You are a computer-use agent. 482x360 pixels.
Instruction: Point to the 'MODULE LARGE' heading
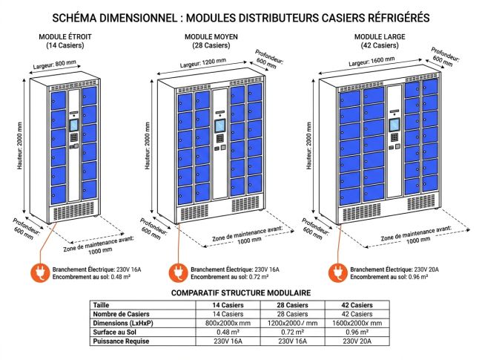pos(377,36)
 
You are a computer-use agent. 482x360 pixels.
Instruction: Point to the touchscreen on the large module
pos(394,125)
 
